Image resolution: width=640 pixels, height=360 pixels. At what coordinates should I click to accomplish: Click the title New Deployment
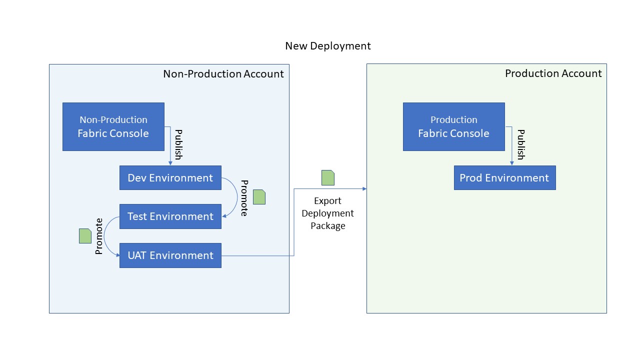328,46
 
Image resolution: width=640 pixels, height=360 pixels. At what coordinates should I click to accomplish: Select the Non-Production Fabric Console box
113,126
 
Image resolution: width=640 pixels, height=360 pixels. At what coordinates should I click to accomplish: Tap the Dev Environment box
170,178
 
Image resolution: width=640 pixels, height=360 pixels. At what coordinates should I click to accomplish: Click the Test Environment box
170,216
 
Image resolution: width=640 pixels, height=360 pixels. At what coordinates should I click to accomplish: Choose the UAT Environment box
170,255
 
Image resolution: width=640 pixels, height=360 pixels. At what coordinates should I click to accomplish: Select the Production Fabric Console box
453,126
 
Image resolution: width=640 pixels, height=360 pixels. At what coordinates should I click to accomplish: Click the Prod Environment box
504,178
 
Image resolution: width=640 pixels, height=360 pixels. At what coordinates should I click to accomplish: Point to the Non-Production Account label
223,74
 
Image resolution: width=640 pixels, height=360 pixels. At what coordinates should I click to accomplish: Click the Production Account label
553,73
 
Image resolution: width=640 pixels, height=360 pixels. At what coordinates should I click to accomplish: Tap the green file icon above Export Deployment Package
328,177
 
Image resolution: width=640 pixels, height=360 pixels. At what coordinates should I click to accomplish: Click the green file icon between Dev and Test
259,197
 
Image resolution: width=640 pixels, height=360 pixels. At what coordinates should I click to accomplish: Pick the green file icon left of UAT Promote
85,235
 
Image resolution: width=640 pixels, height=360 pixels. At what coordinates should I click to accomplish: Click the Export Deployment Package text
327,213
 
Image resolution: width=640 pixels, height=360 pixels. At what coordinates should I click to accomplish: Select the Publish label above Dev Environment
178,144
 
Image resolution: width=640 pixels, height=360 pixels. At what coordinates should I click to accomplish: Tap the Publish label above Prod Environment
520,144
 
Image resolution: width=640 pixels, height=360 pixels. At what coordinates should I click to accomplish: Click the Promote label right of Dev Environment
244,198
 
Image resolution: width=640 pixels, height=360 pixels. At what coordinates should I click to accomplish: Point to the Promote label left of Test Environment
99,236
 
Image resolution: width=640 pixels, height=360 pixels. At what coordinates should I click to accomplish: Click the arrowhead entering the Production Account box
364,188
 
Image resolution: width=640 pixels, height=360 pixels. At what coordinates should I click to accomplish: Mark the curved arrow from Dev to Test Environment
235,197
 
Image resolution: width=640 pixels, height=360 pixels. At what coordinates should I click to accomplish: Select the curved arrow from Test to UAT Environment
106,236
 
